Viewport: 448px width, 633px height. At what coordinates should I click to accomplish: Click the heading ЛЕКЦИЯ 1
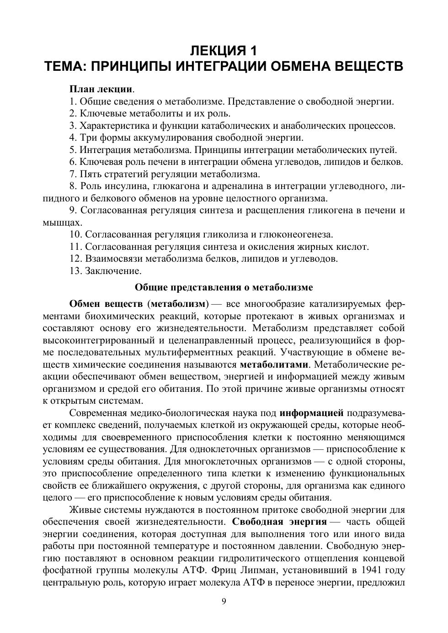click(x=224, y=49)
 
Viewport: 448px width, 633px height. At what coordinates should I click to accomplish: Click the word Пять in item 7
click(x=91, y=174)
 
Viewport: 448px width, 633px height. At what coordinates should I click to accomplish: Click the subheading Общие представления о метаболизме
click(x=224, y=287)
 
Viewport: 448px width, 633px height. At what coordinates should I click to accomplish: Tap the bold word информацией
click(x=311, y=413)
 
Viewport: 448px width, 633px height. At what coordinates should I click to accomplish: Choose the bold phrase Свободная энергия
click(x=279, y=522)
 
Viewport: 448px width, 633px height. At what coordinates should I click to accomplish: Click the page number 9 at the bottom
click(x=224, y=601)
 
